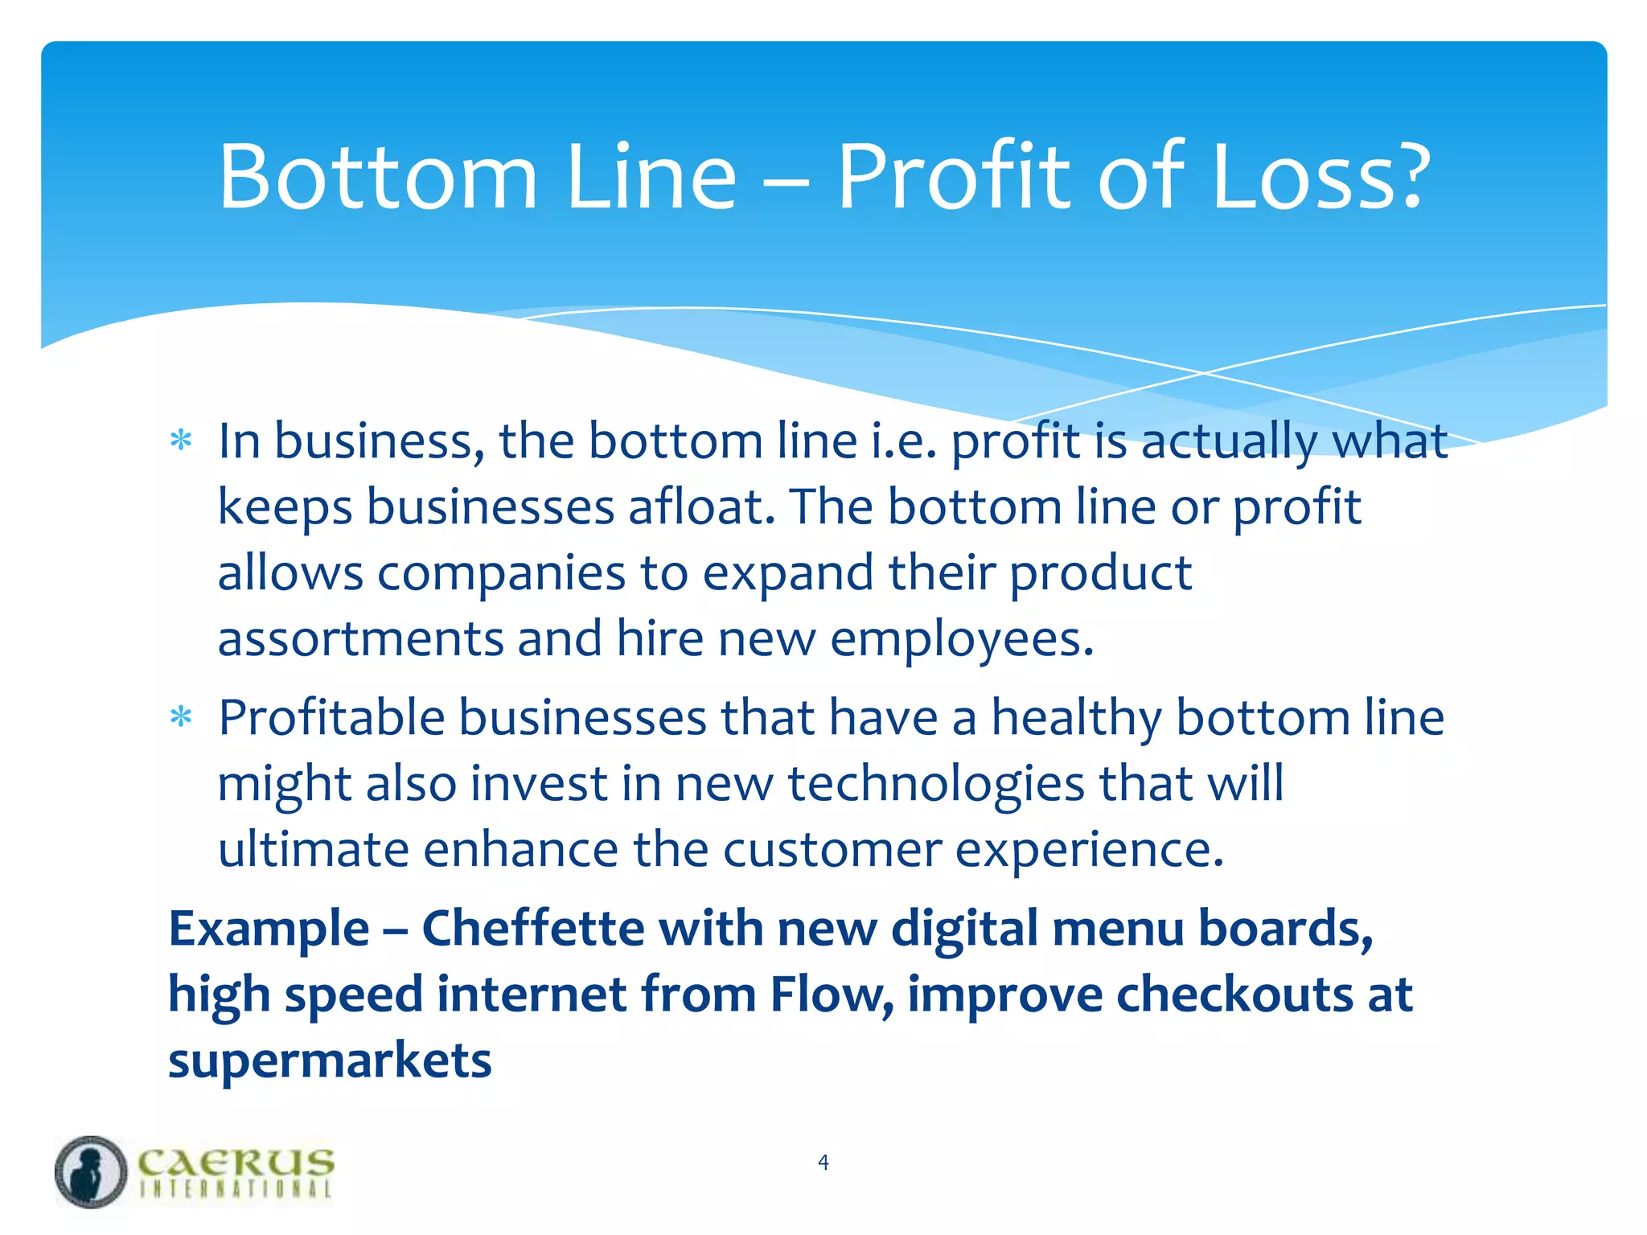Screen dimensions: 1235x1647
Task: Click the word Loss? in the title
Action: (x=1320, y=177)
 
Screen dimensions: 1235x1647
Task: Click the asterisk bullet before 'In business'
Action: (x=181, y=441)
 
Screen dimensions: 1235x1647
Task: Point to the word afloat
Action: (x=701, y=507)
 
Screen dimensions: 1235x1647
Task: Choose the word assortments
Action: (x=359, y=639)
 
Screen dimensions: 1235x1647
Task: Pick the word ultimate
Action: (x=313, y=850)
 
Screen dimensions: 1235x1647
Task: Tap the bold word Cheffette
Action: (x=532, y=929)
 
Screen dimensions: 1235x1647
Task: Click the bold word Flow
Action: (x=832, y=995)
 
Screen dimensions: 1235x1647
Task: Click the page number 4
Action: (x=823, y=1162)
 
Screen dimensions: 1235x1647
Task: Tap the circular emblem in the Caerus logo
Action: (x=91, y=1171)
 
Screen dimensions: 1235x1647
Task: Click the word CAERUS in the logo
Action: (x=236, y=1162)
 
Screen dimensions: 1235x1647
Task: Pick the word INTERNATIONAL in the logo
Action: (x=236, y=1189)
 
